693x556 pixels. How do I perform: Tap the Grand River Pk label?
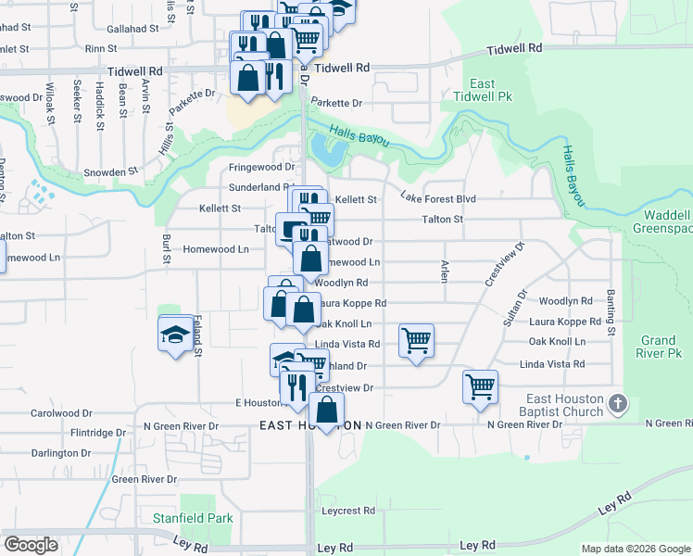(660, 347)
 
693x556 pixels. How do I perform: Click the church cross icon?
(619, 404)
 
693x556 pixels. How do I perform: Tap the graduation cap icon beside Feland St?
(175, 335)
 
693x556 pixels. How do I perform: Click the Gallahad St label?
(132, 29)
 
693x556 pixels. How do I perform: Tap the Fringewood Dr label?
(261, 168)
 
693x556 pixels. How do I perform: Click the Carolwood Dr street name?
(62, 412)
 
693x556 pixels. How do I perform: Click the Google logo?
(31, 545)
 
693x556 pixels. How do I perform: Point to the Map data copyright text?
(635, 549)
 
